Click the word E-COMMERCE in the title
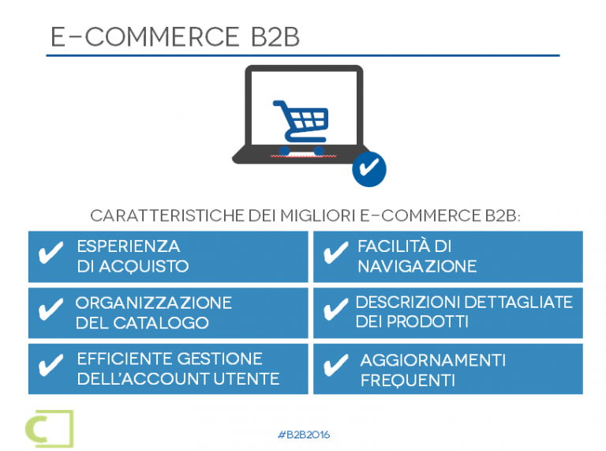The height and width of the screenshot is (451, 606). [144, 37]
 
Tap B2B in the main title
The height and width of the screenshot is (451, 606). [275, 37]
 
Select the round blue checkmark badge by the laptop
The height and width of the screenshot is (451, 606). [369, 169]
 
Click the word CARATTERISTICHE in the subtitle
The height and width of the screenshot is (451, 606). [167, 216]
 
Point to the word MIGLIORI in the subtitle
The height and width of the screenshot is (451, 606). [318, 216]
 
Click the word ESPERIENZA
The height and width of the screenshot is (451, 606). [129, 246]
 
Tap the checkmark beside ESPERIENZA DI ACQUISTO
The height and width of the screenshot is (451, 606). [51, 253]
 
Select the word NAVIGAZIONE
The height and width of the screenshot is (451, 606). [417, 266]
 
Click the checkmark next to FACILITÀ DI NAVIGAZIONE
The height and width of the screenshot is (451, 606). [336, 253]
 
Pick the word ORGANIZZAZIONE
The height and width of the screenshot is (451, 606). [154, 303]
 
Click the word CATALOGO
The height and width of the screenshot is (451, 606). [161, 323]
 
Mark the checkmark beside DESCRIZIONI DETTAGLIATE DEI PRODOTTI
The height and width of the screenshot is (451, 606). [336, 310]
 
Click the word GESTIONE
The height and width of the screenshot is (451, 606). [220, 359]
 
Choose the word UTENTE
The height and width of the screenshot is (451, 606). [246, 379]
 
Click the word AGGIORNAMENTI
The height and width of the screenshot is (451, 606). [433, 360]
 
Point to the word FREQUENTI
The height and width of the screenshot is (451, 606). [408, 381]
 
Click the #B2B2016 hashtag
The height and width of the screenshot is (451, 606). [304, 434]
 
